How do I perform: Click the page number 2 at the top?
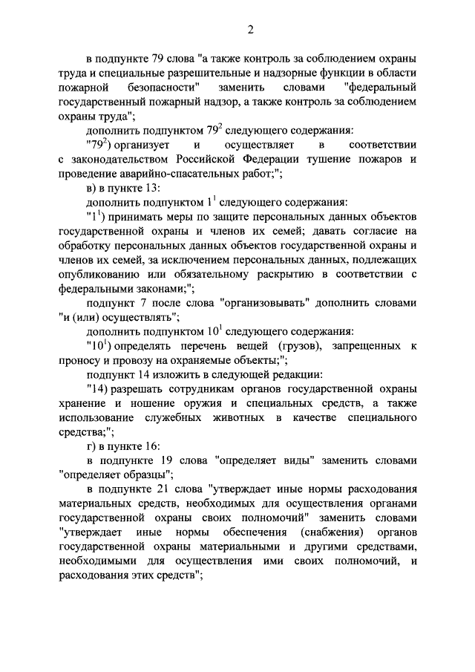pyautogui.click(x=251, y=30)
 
